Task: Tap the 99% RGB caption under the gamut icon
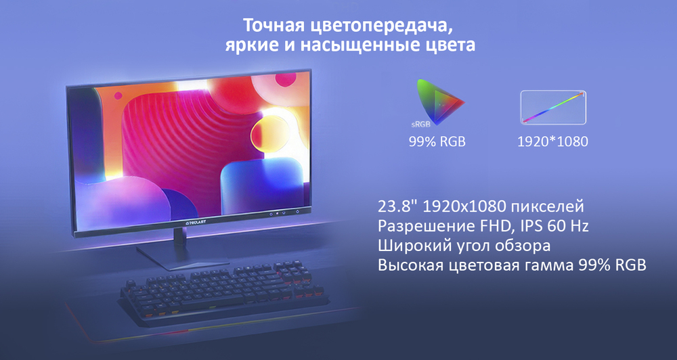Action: (437, 142)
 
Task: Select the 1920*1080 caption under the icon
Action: (552, 142)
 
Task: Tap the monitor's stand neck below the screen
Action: (180, 238)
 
